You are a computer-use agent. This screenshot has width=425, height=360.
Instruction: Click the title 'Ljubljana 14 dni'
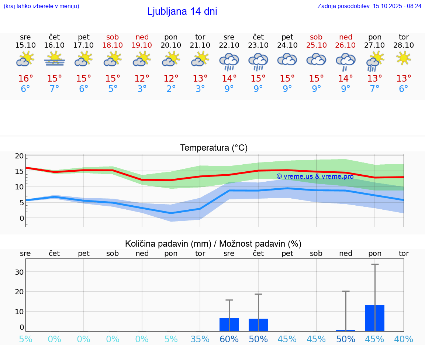[182, 11]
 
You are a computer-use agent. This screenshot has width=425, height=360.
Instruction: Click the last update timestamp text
[369, 6]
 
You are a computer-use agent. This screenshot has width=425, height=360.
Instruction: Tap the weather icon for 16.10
[55, 59]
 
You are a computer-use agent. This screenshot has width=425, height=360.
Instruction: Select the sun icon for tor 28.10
[404, 58]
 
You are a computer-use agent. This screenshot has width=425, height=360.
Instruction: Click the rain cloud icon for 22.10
[229, 61]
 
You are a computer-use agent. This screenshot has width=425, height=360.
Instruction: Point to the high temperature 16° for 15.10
[25, 79]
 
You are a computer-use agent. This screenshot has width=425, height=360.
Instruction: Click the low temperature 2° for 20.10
[171, 89]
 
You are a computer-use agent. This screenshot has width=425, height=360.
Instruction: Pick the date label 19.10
[142, 45]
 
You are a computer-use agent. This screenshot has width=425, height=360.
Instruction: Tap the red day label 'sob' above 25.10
[316, 37]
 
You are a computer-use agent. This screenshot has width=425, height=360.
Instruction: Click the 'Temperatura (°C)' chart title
[214, 148]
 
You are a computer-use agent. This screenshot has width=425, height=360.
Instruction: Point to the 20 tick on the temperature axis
[19, 156]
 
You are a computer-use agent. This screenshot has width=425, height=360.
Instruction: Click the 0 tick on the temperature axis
[21, 218]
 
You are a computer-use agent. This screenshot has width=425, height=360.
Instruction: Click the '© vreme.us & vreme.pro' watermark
[315, 176]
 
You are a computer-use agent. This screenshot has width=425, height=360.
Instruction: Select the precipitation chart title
[213, 244]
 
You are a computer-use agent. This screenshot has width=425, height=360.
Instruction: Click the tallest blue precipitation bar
[374, 318]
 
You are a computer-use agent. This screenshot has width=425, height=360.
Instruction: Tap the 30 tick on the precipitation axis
[19, 272]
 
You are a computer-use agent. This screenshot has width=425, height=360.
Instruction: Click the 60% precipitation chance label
[229, 339]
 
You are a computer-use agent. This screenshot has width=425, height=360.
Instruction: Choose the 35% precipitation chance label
[200, 339]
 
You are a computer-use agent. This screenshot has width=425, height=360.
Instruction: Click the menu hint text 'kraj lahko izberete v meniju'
[41, 6]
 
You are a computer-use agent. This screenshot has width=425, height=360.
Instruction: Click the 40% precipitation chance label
[404, 339]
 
